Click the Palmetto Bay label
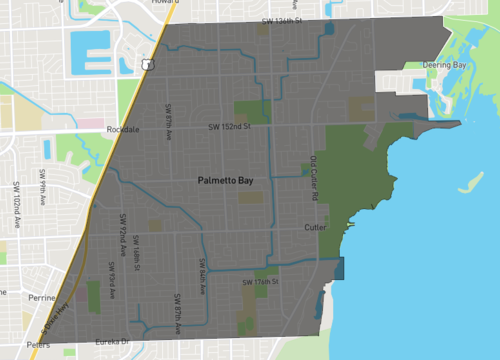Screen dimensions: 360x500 [x=225, y=181]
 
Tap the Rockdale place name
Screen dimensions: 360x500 [x=124, y=130]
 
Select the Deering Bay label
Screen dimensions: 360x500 [x=446, y=64]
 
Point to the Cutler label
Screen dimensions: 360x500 [x=315, y=228]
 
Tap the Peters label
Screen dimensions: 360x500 [x=38, y=345]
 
